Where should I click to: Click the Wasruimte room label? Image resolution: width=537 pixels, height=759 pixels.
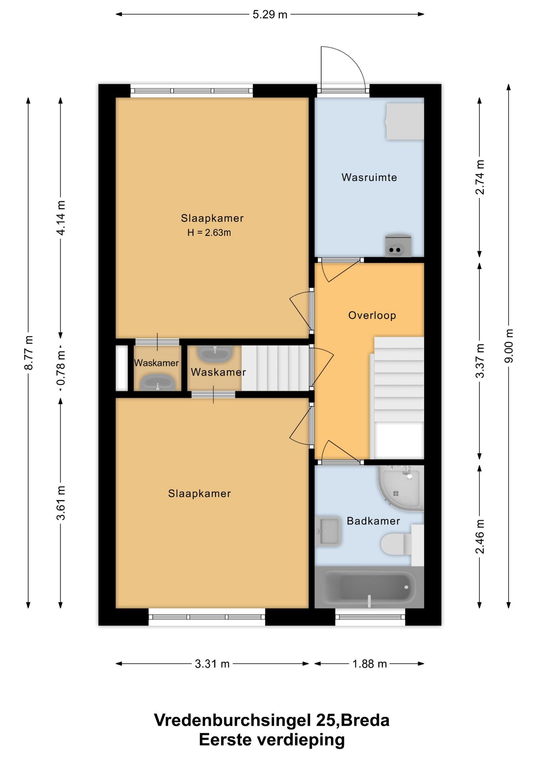coord(369,177)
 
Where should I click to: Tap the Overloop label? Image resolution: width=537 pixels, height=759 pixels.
coord(372,315)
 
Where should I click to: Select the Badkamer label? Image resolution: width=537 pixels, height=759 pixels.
coord(373,521)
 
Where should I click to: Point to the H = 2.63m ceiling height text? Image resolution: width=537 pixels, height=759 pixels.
coord(209,232)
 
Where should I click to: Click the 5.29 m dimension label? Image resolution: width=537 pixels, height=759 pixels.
coord(270,15)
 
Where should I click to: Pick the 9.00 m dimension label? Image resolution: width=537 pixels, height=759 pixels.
coord(509,346)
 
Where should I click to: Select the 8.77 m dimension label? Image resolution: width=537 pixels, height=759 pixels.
coord(28,353)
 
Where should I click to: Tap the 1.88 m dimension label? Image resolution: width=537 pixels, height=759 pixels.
coord(369,664)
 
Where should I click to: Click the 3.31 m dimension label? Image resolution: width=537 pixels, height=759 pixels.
coord(212,664)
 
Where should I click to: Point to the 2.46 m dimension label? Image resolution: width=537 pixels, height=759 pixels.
coord(479,536)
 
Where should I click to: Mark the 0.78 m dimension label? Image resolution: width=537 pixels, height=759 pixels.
coord(61,368)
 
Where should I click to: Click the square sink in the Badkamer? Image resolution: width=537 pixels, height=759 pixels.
coord(328,531)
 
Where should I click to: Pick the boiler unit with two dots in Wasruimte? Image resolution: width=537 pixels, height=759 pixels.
coord(398,246)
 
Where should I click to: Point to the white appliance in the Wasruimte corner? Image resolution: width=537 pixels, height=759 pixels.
coord(405,121)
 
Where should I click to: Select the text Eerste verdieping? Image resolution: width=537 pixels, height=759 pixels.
coord(272,740)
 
